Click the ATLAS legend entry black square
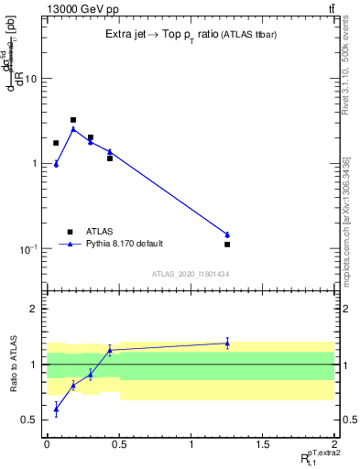(x=70, y=232)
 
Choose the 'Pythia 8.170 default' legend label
(x=125, y=244)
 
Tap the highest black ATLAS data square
(x=73, y=120)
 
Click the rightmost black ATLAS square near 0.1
(x=227, y=245)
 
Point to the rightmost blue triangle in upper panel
(x=227, y=234)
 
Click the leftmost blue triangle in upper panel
(x=56, y=164)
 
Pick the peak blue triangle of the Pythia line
(x=73, y=129)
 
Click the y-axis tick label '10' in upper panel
(x=30, y=79)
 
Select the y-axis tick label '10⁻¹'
(x=28, y=249)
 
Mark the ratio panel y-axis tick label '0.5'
(x=30, y=420)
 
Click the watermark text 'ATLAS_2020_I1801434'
(x=191, y=274)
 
